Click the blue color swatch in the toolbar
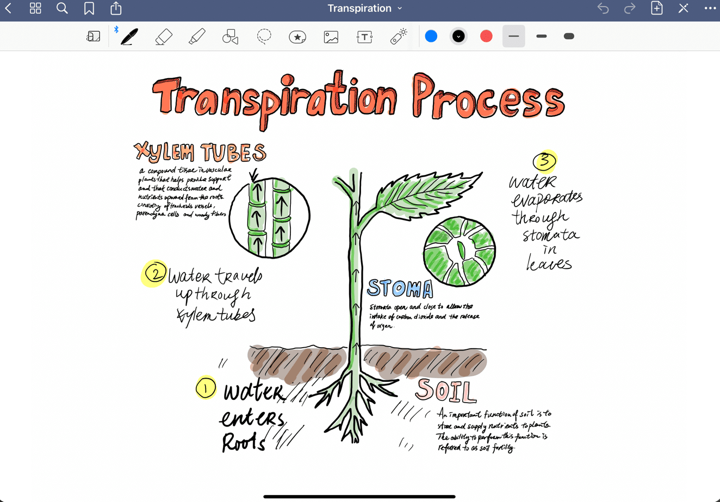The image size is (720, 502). tap(431, 36)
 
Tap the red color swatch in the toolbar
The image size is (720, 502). tap(486, 36)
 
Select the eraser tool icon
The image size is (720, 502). tap(163, 36)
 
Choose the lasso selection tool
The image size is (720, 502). tap(264, 36)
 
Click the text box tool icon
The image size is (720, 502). tap(364, 36)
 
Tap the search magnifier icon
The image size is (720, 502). tap(62, 8)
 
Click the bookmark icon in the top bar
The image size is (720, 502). tap(89, 8)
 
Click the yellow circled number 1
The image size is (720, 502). tap(206, 388)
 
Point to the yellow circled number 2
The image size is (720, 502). tap(155, 273)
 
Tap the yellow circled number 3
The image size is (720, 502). tap(545, 161)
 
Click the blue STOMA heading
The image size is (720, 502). tap(400, 288)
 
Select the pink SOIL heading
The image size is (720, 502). tap(446, 391)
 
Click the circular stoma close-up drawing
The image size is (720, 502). tap(460, 251)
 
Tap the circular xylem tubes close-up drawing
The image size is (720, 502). tap(270, 217)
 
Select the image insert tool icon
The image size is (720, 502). tap(331, 36)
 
